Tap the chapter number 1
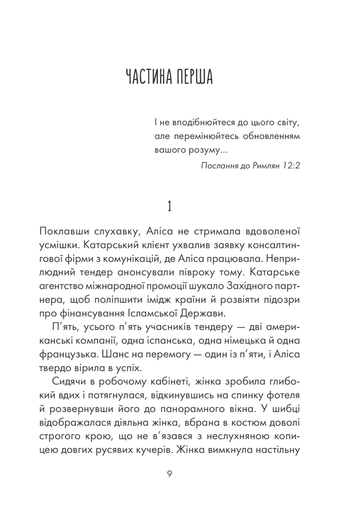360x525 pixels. [170, 206]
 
